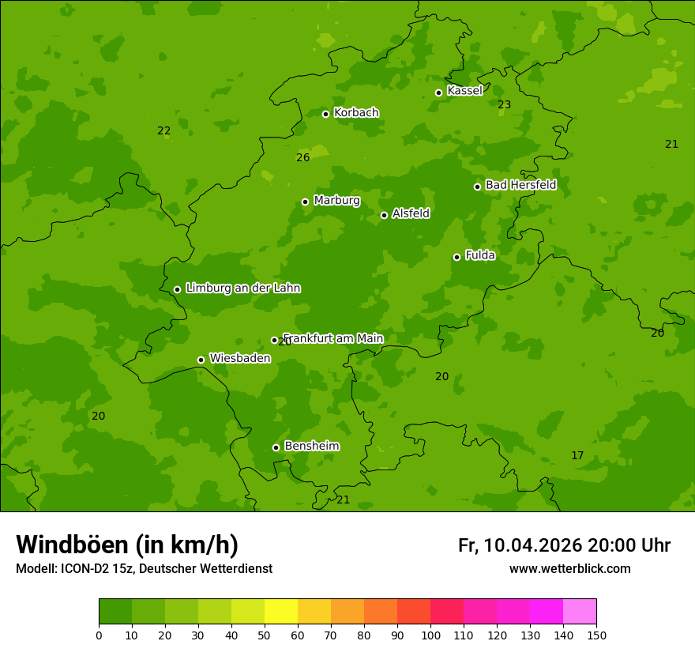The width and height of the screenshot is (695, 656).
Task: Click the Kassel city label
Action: (x=464, y=91)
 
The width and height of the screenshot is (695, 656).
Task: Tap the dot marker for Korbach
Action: (x=325, y=114)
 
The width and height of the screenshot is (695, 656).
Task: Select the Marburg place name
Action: (x=336, y=201)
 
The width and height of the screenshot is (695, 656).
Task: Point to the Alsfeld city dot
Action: (x=384, y=215)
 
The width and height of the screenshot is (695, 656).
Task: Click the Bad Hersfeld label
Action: (x=520, y=185)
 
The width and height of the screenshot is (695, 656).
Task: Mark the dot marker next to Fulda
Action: (x=456, y=257)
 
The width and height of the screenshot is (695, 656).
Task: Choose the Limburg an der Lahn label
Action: (x=242, y=288)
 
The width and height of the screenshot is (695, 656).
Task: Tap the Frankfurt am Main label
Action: (x=333, y=338)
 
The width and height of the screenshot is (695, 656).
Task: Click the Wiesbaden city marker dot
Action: (x=201, y=360)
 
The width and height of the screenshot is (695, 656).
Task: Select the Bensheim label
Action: (x=311, y=446)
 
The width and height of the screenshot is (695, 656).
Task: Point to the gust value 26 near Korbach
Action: (x=302, y=157)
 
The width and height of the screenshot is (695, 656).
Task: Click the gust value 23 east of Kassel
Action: (x=504, y=104)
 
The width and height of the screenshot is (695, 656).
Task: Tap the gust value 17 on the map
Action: (x=577, y=455)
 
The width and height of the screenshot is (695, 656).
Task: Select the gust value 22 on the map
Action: (x=163, y=130)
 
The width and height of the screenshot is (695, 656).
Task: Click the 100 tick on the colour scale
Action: (x=430, y=635)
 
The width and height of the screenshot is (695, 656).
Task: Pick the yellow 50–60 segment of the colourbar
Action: (x=281, y=612)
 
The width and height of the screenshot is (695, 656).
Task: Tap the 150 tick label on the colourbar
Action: (x=596, y=635)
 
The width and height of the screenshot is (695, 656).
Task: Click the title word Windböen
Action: (x=72, y=545)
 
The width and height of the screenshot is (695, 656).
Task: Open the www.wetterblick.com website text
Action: (x=569, y=568)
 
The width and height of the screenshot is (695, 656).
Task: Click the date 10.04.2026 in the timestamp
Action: (x=532, y=545)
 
